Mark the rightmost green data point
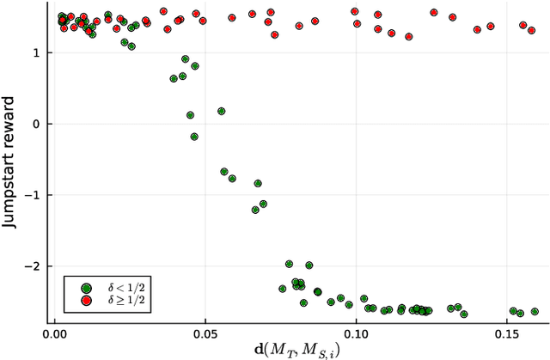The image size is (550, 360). pos(535,312)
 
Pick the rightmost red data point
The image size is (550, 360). pos(532,30)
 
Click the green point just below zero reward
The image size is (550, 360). pos(194,137)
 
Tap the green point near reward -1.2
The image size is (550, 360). pos(255,210)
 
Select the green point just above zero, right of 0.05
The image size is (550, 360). pos(221,111)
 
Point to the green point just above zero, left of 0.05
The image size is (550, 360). pos(190,114)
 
